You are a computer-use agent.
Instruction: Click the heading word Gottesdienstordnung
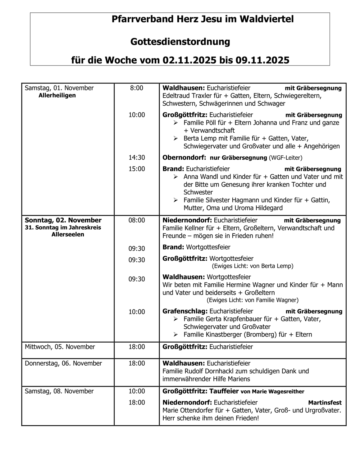click(x=180, y=42)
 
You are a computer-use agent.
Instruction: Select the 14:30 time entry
click(x=137, y=158)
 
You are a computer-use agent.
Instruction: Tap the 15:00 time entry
click(x=137, y=169)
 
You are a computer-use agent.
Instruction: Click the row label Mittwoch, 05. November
click(x=60, y=347)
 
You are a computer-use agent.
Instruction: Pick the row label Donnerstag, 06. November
click(x=63, y=363)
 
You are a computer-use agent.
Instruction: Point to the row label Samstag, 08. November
click(x=59, y=391)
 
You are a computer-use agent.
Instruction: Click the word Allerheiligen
click(x=57, y=95)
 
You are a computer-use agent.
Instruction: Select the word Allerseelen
click(x=68, y=235)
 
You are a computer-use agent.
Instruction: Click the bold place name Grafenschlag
click(x=185, y=311)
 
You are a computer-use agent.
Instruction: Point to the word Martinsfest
click(x=325, y=403)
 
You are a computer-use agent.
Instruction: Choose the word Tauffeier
click(x=224, y=391)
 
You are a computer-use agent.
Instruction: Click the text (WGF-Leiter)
click(x=285, y=158)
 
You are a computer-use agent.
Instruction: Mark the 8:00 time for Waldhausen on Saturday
click(x=137, y=88)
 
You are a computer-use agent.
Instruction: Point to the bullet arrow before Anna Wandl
click(x=176, y=177)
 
